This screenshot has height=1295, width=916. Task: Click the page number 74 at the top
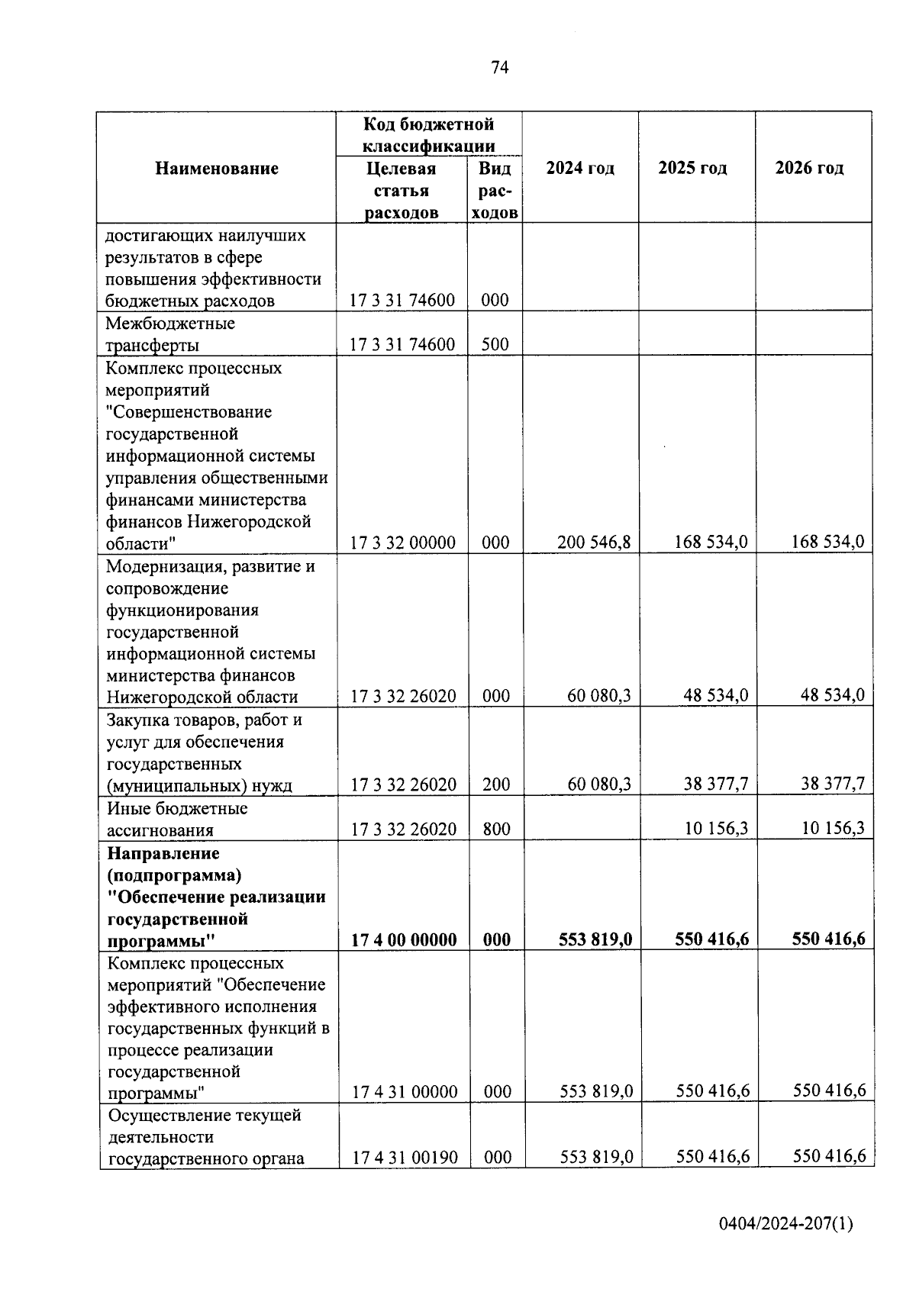click(x=500, y=68)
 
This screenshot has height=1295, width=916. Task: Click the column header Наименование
click(x=217, y=169)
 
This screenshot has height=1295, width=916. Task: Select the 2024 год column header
click(x=580, y=169)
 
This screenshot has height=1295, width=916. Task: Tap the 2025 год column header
click(x=692, y=169)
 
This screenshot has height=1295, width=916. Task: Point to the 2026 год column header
click(x=809, y=169)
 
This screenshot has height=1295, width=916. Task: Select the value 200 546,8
click(x=594, y=543)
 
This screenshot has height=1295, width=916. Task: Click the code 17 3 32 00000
click(x=403, y=543)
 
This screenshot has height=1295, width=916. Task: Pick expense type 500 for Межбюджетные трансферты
click(x=495, y=344)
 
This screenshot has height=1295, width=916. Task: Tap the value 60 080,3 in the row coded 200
click(x=599, y=784)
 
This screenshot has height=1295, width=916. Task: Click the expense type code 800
click(x=497, y=829)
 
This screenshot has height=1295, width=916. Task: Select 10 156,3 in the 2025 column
click(x=716, y=828)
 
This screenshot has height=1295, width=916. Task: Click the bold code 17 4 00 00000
click(x=404, y=939)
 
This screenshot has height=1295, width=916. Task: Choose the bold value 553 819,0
click(x=595, y=939)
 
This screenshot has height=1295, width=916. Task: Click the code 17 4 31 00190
click(x=405, y=1158)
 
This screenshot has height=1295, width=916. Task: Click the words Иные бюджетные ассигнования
click(x=177, y=819)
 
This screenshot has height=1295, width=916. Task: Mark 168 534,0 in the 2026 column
click(x=827, y=543)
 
